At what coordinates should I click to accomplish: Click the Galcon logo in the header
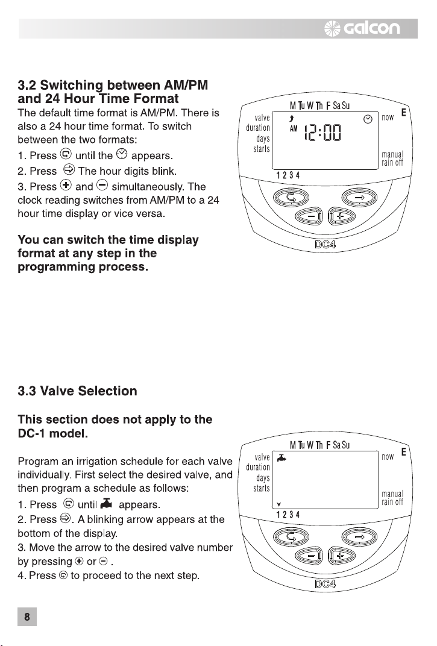(x=362, y=28)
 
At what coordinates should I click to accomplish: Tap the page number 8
(x=27, y=616)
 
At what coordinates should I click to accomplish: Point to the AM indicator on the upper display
(x=294, y=129)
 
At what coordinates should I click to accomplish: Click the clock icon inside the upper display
(x=368, y=119)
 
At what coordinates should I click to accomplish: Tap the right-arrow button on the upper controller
(x=359, y=198)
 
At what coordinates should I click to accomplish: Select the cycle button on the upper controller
(x=291, y=198)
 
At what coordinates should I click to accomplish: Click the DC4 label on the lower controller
(x=325, y=584)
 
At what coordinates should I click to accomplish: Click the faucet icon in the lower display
(x=281, y=458)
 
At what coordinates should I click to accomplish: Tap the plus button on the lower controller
(x=341, y=556)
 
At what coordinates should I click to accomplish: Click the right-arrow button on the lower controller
(x=359, y=538)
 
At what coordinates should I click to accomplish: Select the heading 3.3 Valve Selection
(x=78, y=390)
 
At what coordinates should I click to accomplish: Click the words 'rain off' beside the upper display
(x=392, y=163)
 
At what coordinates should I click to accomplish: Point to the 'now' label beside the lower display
(x=388, y=457)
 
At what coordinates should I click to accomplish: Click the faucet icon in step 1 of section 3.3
(x=106, y=503)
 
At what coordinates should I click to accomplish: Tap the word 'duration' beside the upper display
(x=257, y=128)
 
